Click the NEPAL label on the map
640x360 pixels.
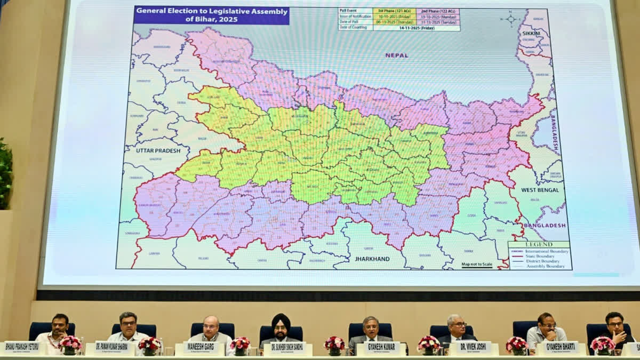(x=396, y=55)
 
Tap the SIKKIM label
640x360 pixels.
(x=531, y=33)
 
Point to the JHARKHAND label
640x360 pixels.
(x=372, y=259)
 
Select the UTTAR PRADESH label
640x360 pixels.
(x=158, y=150)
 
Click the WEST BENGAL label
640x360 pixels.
(x=540, y=190)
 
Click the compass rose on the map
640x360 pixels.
(x=511, y=19)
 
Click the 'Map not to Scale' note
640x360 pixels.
(x=477, y=263)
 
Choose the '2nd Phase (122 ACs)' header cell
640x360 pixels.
(x=438, y=11)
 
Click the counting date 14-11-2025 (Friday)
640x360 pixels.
(x=416, y=28)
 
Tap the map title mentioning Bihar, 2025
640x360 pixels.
(x=211, y=15)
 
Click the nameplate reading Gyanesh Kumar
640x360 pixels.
(x=381, y=347)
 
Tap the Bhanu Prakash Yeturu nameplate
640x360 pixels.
(x=22, y=347)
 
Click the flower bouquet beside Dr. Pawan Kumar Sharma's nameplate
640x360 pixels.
(x=150, y=345)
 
